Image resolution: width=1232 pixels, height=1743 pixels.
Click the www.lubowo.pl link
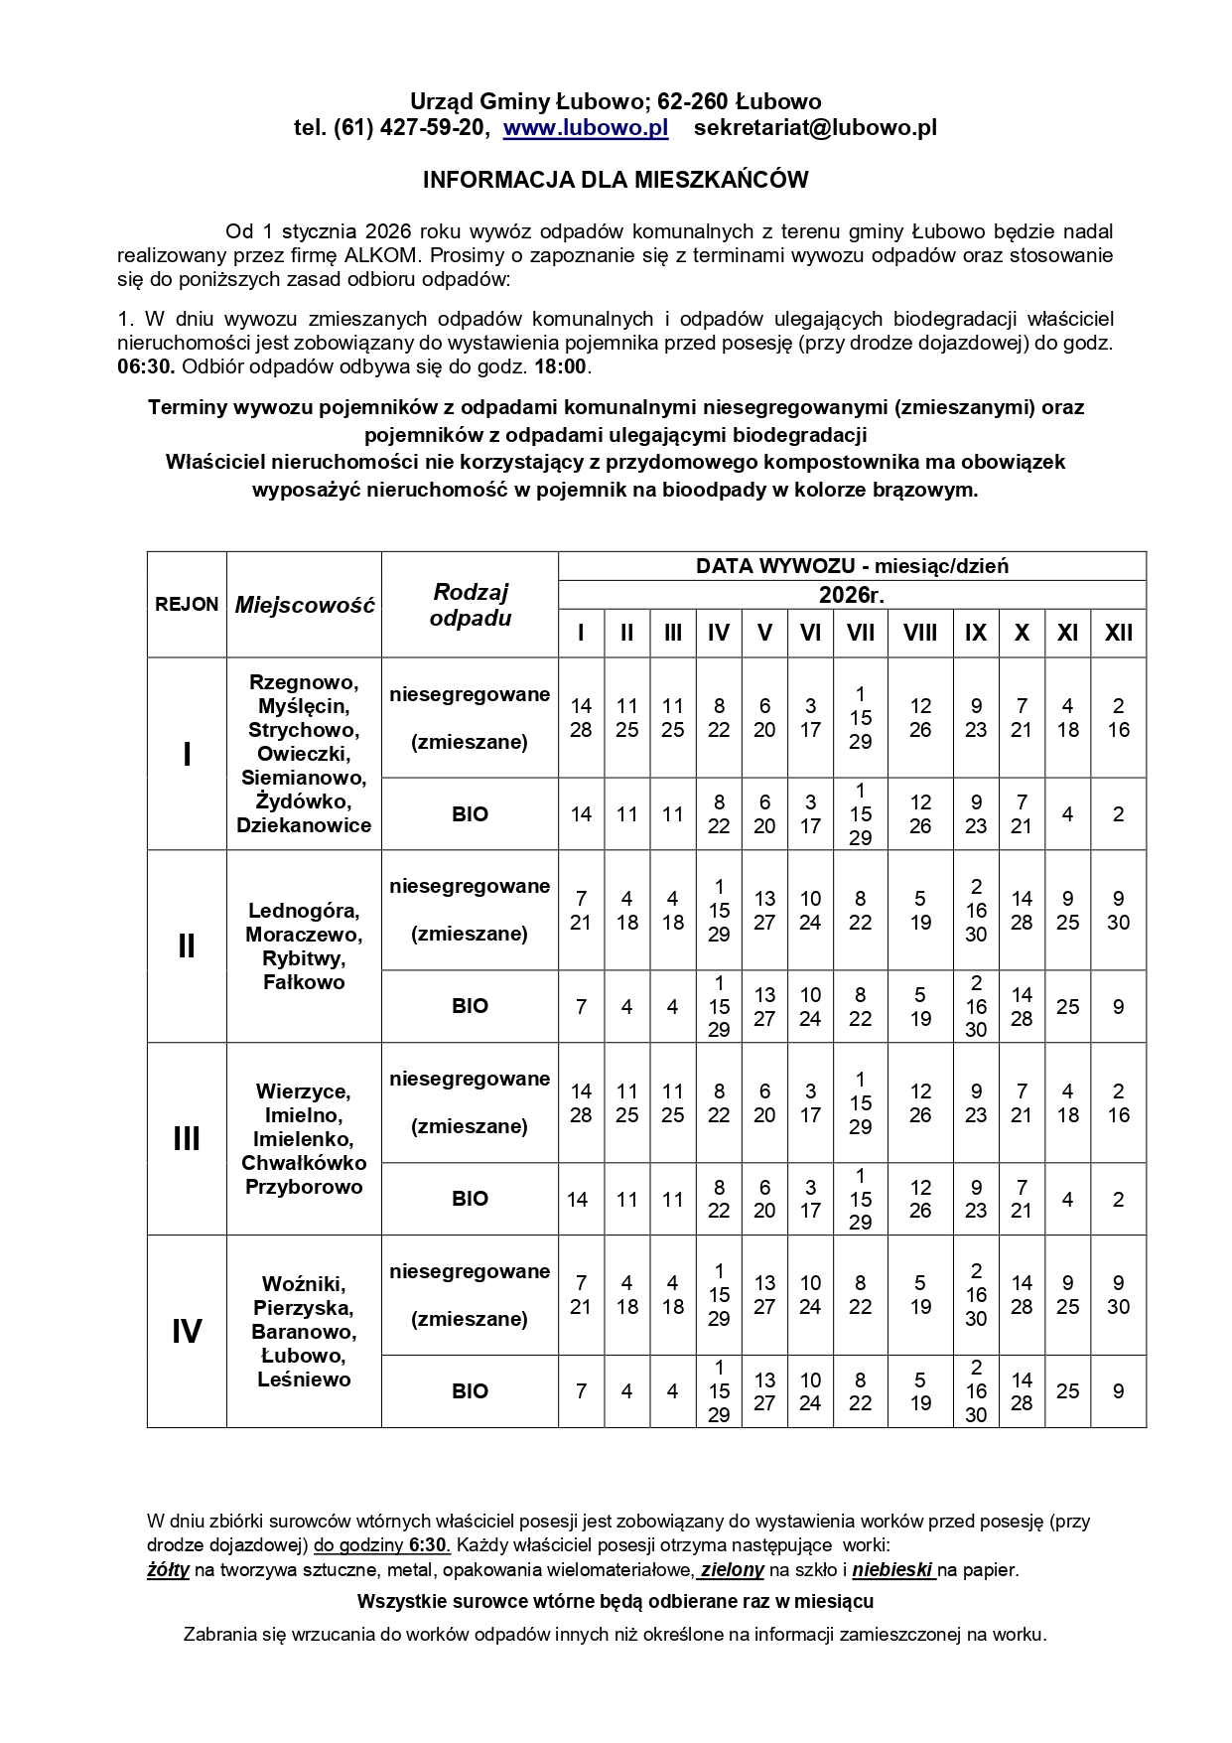586,127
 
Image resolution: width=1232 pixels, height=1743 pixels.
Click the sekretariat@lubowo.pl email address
815,127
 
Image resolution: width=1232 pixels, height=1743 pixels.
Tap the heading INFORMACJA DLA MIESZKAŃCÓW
616,180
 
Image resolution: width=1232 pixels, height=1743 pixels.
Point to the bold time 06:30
146,366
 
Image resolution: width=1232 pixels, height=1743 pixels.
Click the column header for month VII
860,633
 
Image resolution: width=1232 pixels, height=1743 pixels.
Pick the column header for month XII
1118,633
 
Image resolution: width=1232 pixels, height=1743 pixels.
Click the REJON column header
187,604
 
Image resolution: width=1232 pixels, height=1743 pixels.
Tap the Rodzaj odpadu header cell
470,604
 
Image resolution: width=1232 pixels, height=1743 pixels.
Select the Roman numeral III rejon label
187,1138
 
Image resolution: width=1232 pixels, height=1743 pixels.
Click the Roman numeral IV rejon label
187,1331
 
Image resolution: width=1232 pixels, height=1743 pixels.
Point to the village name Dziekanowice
304,825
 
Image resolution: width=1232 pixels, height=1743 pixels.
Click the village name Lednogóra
304,911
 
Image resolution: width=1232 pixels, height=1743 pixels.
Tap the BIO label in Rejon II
470,1006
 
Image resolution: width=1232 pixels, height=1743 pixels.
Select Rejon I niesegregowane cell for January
581,718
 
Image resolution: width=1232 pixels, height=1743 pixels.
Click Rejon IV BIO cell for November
1067,1391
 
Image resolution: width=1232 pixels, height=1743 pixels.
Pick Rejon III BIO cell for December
1118,1199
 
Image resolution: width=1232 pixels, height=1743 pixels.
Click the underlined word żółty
168,1570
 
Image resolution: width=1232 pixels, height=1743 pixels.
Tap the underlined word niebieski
892,1570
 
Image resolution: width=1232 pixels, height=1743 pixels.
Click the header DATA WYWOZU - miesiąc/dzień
852,566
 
